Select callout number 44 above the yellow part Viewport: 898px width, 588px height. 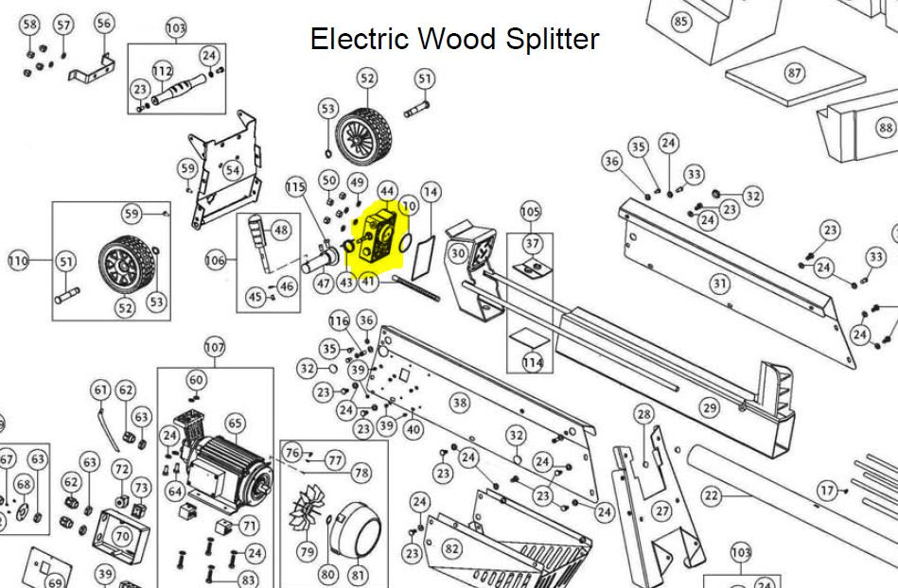pyautogui.click(x=387, y=191)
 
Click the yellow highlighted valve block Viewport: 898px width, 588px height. pyautogui.click(x=375, y=237)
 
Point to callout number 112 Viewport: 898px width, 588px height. pyautogui.click(x=163, y=71)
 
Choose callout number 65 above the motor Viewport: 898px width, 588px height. pyautogui.click(x=236, y=424)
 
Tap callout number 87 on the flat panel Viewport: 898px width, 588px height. pyautogui.click(x=794, y=73)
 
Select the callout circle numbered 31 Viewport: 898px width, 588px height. pyautogui.click(x=719, y=284)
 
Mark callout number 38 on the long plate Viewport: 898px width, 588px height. pyautogui.click(x=461, y=404)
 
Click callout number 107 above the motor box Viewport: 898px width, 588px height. pyautogui.click(x=215, y=347)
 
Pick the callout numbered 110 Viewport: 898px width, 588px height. pyautogui.click(x=18, y=261)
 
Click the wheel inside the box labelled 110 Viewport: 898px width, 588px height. pyautogui.click(x=126, y=265)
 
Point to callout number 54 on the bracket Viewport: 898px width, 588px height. pyautogui.click(x=232, y=170)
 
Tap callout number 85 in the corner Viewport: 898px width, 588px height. pyautogui.click(x=680, y=22)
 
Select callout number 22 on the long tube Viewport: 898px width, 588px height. pyautogui.click(x=712, y=495)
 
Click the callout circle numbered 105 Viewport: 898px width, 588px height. pyautogui.click(x=530, y=212)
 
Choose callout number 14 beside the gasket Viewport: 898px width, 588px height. pyautogui.click(x=431, y=192)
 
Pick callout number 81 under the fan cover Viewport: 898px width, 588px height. pyautogui.click(x=358, y=574)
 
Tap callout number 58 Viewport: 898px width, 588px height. pyautogui.click(x=29, y=25)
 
